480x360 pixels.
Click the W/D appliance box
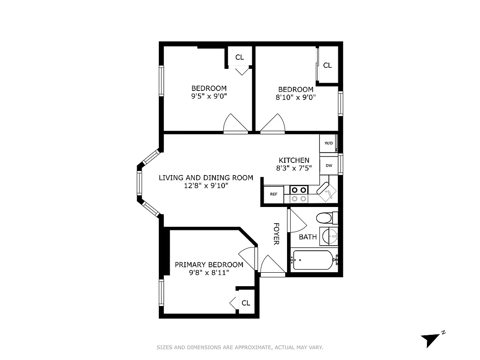click(x=328, y=144)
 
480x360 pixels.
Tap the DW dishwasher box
click(x=328, y=165)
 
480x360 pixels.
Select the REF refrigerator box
click(x=274, y=194)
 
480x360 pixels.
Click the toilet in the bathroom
click(x=326, y=219)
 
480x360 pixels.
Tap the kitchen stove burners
click(x=299, y=194)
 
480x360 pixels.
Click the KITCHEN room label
click(x=294, y=160)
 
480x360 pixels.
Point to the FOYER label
click(x=276, y=234)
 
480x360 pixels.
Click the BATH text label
click(x=308, y=237)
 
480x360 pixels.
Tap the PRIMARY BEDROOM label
click(x=209, y=265)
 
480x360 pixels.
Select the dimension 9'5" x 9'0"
click(x=209, y=96)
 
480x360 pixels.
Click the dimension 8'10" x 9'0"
click(x=296, y=97)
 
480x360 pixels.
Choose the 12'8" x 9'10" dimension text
click(x=206, y=185)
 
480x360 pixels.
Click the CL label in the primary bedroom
click(x=246, y=303)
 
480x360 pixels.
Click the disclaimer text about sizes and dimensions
click(x=240, y=347)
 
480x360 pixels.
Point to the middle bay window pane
click(x=139, y=183)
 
